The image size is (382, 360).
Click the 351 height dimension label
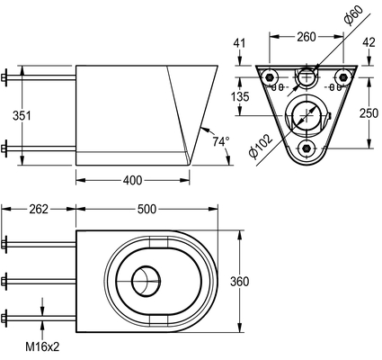pyautogui.click(x=22, y=115)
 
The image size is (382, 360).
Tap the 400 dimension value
pyautogui.click(x=132, y=180)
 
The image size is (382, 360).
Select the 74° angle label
pyautogui.click(x=221, y=141)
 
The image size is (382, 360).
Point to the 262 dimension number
pyautogui.click(x=39, y=209)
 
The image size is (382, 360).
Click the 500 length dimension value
pyautogui.click(x=147, y=209)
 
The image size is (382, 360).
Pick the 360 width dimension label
pyautogui.click(x=239, y=282)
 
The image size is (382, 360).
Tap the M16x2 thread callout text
pyautogui.click(x=42, y=347)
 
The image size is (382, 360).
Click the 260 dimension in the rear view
pyautogui.click(x=306, y=37)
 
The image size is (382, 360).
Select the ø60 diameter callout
pyautogui.click(x=353, y=14)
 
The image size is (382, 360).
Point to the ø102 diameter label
pyautogui.click(x=261, y=146)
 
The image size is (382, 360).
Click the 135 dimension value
pyautogui.click(x=240, y=96)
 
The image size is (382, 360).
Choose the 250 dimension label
pyautogui.click(x=369, y=113)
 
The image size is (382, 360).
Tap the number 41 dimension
pyautogui.click(x=239, y=43)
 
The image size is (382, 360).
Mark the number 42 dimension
pyautogui.click(x=369, y=42)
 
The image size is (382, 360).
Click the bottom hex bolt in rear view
pyautogui.click(x=306, y=148)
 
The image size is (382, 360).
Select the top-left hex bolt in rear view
pyautogui.click(x=270, y=77)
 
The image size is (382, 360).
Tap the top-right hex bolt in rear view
pyautogui.click(x=342, y=77)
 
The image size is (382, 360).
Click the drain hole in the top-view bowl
pyautogui.click(x=146, y=282)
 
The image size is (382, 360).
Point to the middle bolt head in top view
pyautogui.click(x=4, y=282)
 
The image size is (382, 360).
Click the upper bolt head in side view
pyautogui.click(x=4, y=77)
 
